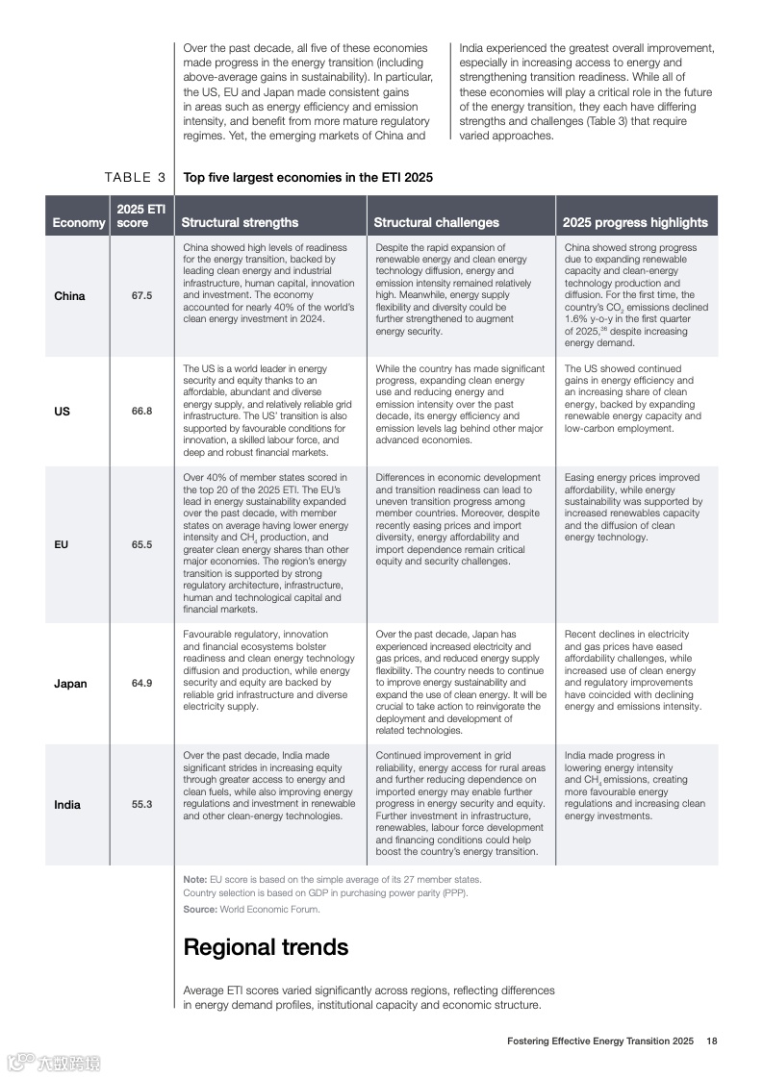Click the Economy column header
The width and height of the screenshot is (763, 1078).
coord(79,222)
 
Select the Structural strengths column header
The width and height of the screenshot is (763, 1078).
coord(240,222)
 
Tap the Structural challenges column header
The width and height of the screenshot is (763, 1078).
coord(436,222)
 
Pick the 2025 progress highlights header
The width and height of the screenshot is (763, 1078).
coord(635,222)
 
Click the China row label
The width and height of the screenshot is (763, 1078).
coord(69,295)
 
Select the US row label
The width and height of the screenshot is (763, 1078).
coord(62,411)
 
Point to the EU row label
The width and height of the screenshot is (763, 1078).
coord(62,544)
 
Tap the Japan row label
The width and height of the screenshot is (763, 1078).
coord(70,684)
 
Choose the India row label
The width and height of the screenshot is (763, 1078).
coord(67,805)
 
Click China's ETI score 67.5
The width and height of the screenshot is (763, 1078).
coord(141,295)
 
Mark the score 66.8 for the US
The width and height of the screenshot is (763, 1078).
coord(141,411)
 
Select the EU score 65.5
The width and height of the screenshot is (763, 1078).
coord(141,544)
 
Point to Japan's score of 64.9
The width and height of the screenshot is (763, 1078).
coord(141,684)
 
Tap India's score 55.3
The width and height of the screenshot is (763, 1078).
coord(141,805)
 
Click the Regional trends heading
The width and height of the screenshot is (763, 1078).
coord(266,947)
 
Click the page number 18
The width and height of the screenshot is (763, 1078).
coord(712,1040)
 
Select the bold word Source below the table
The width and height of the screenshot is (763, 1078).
coord(199,909)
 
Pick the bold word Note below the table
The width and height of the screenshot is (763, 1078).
coord(194,879)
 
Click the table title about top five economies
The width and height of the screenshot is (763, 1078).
coord(308,177)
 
